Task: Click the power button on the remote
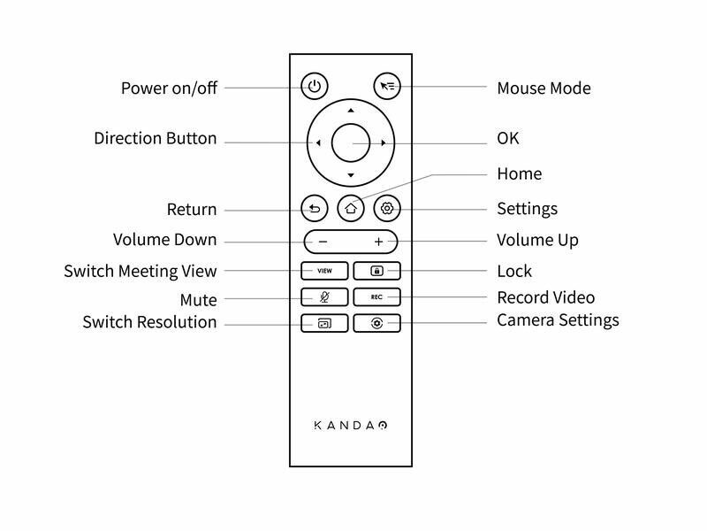tap(315, 86)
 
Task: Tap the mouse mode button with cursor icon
tap(387, 86)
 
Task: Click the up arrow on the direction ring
tap(351, 110)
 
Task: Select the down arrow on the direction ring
tap(351, 175)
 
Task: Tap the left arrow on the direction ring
tap(318, 143)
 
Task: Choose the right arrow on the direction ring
tap(384, 143)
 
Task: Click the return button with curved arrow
tap(315, 208)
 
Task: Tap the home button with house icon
tap(351, 208)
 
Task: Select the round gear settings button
tap(387, 208)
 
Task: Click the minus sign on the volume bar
tap(323, 242)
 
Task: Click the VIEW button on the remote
tap(324, 271)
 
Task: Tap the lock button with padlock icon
tap(377, 271)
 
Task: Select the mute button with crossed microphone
tap(324, 297)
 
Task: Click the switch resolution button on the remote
tap(324, 323)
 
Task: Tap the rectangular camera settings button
tap(377, 323)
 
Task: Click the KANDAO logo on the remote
tap(351, 426)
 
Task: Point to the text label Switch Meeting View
tap(141, 272)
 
